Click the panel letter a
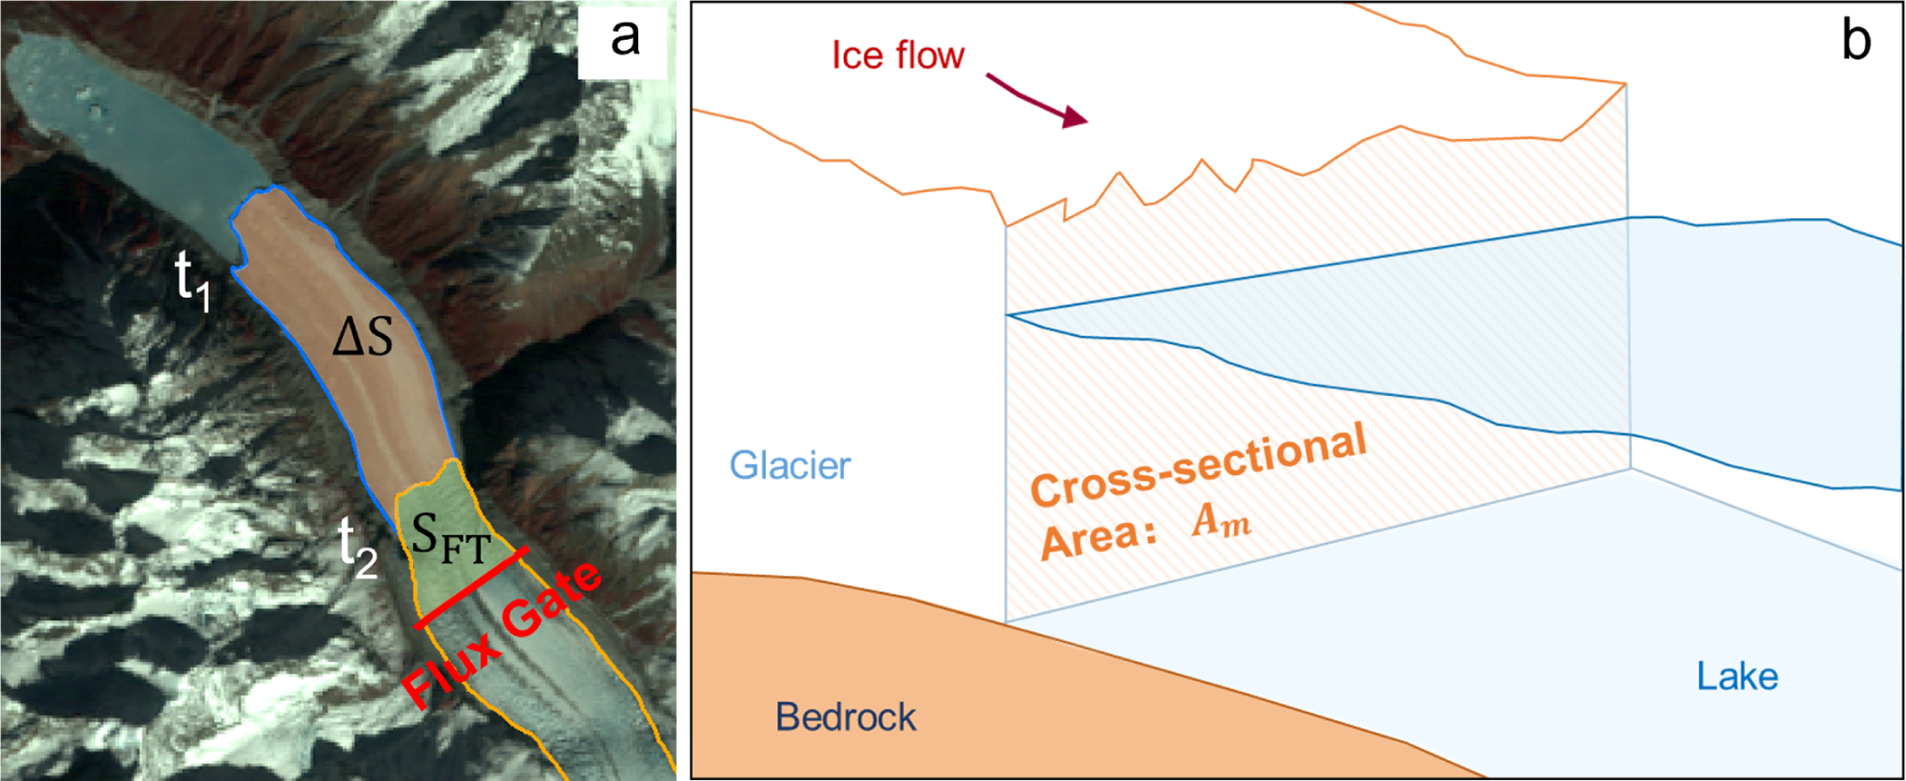click(x=625, y=39)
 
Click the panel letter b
click(x=1856, y=41)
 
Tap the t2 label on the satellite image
click(x=357, y=547)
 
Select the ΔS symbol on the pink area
click(x=363, y=338)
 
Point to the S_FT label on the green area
click(x=450, y=538)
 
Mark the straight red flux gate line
click(x=471, y=588)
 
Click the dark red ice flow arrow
click(x=1037, y=100)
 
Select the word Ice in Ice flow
click(x=857, y=56)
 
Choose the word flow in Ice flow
click(x=929, y=56)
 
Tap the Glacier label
click(x=790, y=466)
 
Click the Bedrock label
click(x=845, y=717)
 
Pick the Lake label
click(x=1737, y=677)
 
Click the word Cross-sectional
click(x=1198, y=466)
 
